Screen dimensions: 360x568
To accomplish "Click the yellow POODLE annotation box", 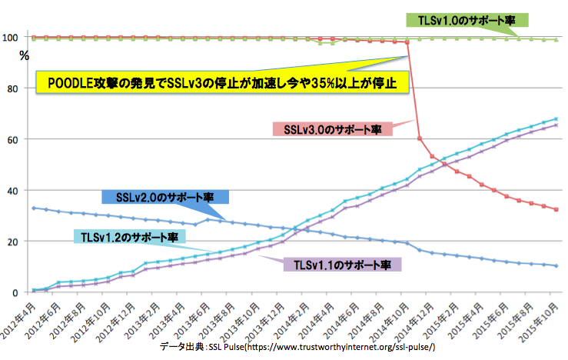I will point(222,82).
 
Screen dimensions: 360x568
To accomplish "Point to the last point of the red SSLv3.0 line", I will point(556,209).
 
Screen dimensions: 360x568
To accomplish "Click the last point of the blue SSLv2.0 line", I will point(556,266).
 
